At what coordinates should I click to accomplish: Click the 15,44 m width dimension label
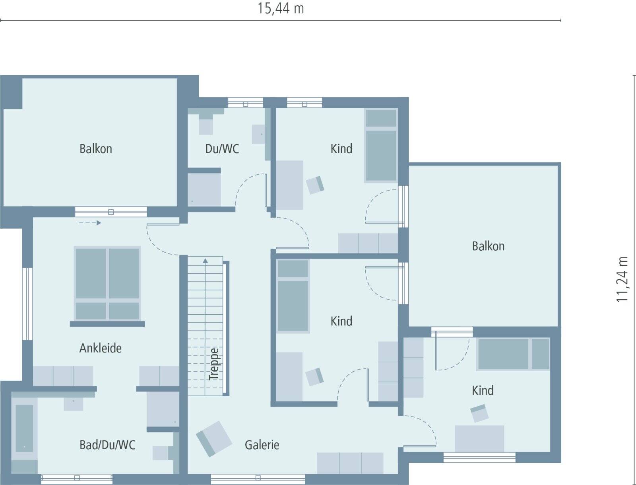[x=281, y=8]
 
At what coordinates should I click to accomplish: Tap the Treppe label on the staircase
[x=214, y=364]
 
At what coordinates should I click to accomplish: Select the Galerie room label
[x=262, y=444]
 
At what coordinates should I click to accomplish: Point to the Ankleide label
[x=100, y=348]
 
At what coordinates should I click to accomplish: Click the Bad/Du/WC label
[x=107, y=444]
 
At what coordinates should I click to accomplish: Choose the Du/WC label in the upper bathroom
[x=222, y=149]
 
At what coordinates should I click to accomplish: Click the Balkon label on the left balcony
[x=95, y=149]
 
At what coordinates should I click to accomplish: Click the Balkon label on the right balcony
[x=488, y=246]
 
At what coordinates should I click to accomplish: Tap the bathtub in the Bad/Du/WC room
[x=24, y=428]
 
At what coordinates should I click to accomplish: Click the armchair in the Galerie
[x=214, y=438]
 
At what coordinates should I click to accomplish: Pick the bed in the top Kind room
[x=381, y=146]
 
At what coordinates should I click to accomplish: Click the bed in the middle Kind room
[x=293, y=296]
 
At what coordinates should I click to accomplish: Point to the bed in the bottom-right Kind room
[x=513, y=354]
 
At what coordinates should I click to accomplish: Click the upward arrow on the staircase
[x=205, y=261]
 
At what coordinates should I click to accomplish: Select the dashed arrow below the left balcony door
[x=90, y=223]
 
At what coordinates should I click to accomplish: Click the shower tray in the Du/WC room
[x=204, y=190]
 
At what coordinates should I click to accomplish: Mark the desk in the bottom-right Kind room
[x=479, y=438]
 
